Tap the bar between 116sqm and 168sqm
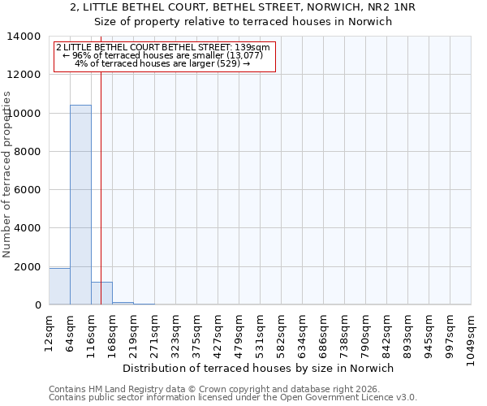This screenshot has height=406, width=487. pos(101,293)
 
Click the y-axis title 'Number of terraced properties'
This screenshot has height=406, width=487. pos(8,175)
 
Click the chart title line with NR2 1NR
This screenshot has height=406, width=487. pos(243,7)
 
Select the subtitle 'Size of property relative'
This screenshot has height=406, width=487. pos(243,22)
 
